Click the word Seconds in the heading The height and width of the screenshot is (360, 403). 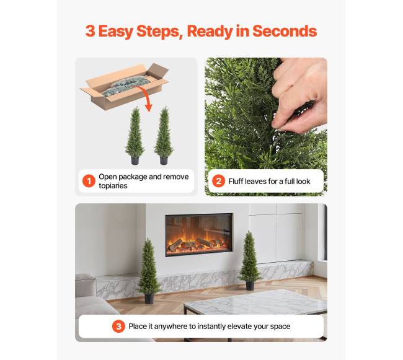point(285,31)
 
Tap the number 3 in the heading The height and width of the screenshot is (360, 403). point(91,31)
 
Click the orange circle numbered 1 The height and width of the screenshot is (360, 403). point(89,181)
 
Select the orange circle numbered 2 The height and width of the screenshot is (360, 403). point(218,181)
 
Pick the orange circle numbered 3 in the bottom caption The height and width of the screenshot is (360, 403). point(118,327)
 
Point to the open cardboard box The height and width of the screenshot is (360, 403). point(125,86)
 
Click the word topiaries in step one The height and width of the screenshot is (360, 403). point(113,186)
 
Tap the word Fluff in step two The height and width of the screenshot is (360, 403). point(236,182)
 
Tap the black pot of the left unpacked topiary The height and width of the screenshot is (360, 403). point(135,160)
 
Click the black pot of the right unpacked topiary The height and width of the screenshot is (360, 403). point(164,160)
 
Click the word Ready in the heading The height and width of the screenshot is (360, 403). point(210,32)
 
